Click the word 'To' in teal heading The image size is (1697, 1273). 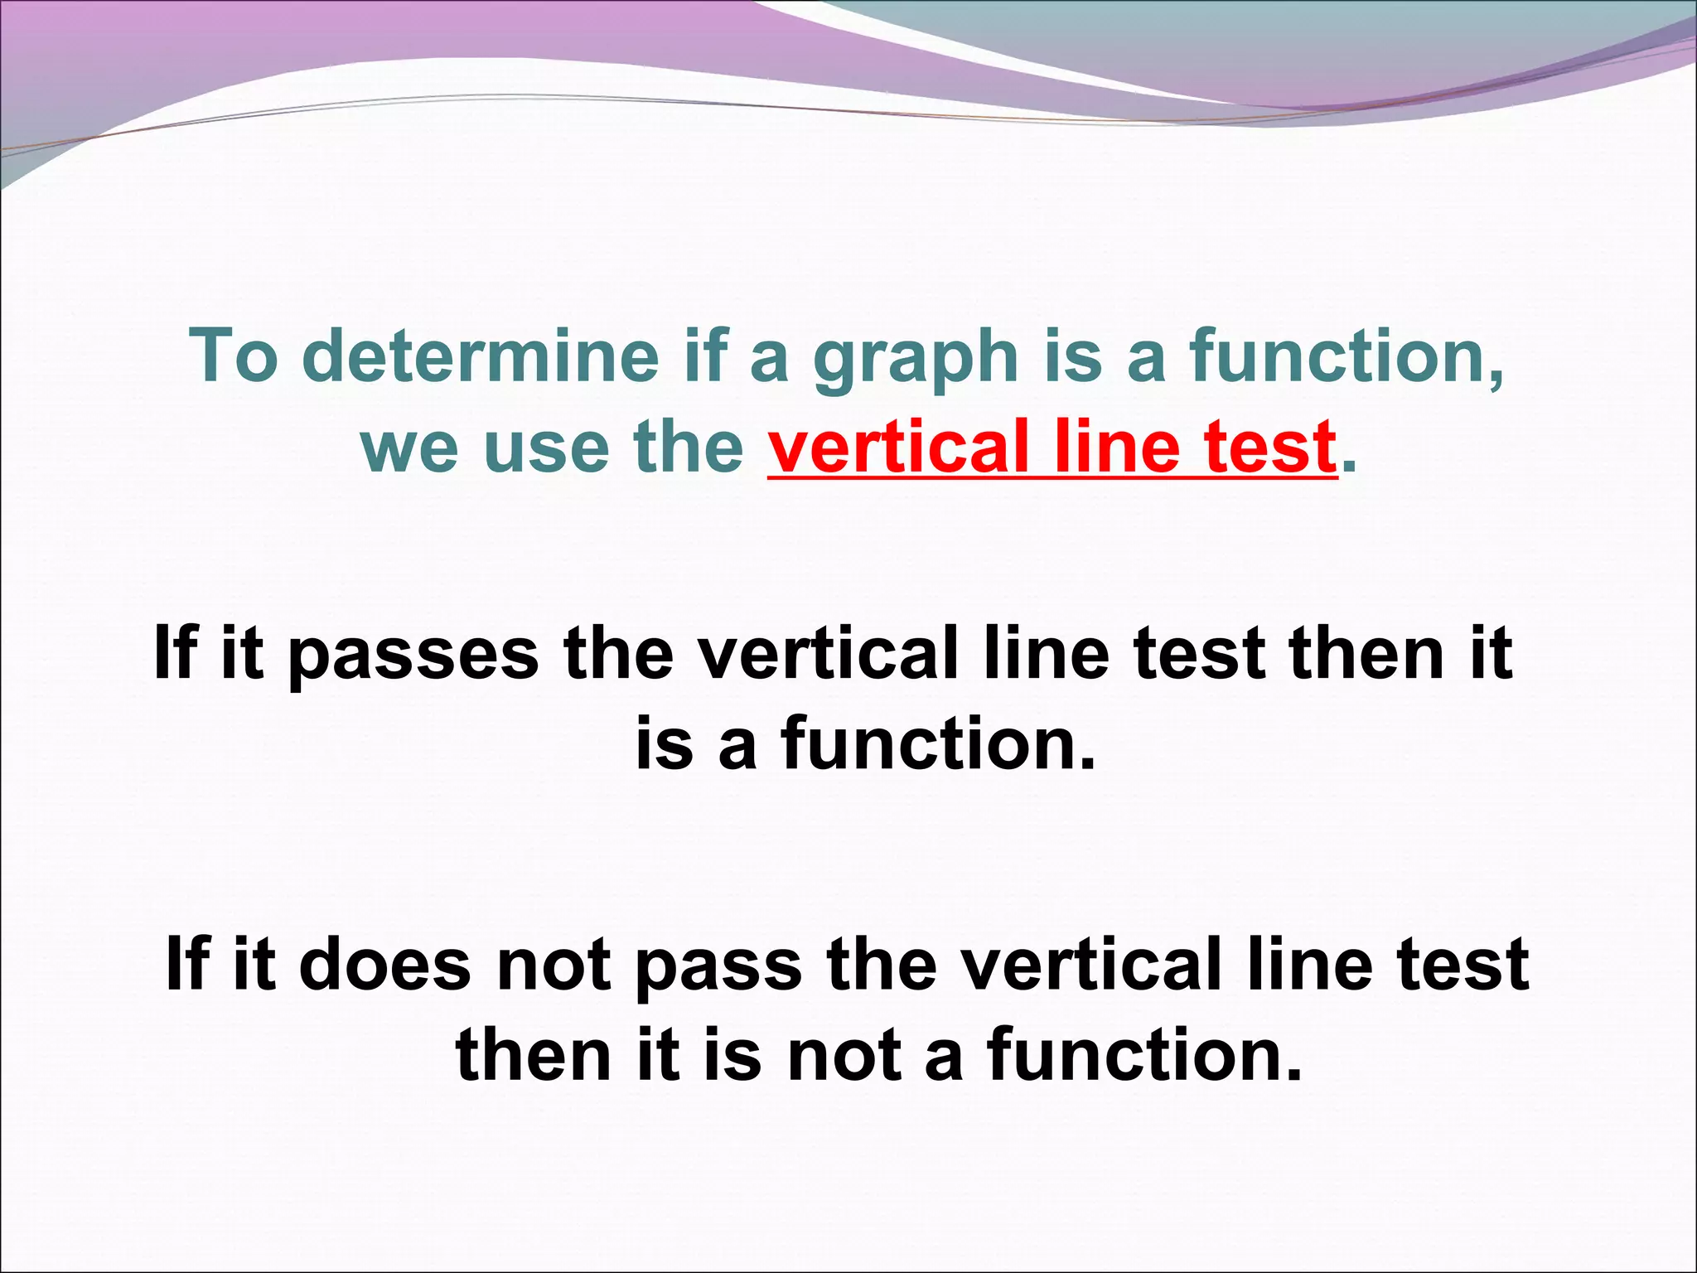pyautogui.click(x=235, y=356)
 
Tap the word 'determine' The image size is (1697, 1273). pyautogui.click(x=481, y=356)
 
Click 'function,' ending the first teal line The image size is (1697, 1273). pyautogui.click(x=1347, y=356)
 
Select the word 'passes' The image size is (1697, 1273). pyautogui.click(x=413, y=655)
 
